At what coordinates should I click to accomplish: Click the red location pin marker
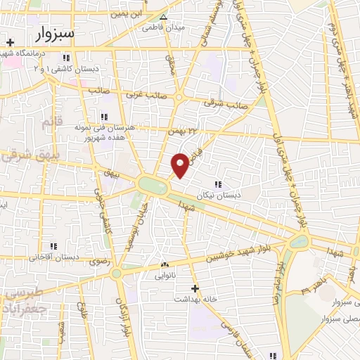(x=180, y=165)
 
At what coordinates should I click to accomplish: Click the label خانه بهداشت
(x=195, y=299)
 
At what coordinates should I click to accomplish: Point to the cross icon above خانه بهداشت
(x=195, y=288)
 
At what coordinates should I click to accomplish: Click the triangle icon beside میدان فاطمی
(x=164, y=18)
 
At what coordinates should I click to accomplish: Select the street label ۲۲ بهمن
(x=181, y=130)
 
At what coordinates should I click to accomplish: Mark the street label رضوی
(x=98, y=262)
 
